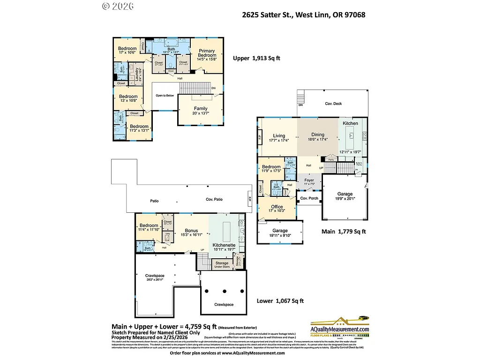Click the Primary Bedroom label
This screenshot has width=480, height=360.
pyautogui.click(x=206, y=53)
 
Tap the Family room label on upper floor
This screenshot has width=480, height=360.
pyautogui.click(x=201, y=109)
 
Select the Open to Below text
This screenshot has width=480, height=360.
pyautogui.click(x=165, y=95)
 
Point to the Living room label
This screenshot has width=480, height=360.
pyautogui.click(x=279, y=136)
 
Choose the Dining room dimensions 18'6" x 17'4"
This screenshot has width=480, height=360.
pyautogui.click(x=317, y=140)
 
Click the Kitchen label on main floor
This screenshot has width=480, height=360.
pyautogui.click(x=350, y=123)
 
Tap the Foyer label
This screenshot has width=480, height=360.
pyautogui.click(x=309, y=180)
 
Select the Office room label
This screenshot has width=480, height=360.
pyautogui.click(x=277, y=207)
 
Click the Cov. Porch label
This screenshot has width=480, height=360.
pyautogui.click(x=309, y=198)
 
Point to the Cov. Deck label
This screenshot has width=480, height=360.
pyautogui.click(x=333, y=104)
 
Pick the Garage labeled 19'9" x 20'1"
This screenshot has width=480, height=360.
pyautogui.click(x=345, y=194)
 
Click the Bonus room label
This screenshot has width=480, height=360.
pyautogui.click(x=191, y=231)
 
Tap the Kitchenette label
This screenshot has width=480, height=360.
pyautogui.click(x=224, y=245)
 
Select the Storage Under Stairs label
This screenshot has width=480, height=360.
pyautogui.click(x=222, y=265)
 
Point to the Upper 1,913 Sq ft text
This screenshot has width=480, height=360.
pyautogui.click(x=256, y=59)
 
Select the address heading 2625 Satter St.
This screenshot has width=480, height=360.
pyautogui.click(x=303, y=15)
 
